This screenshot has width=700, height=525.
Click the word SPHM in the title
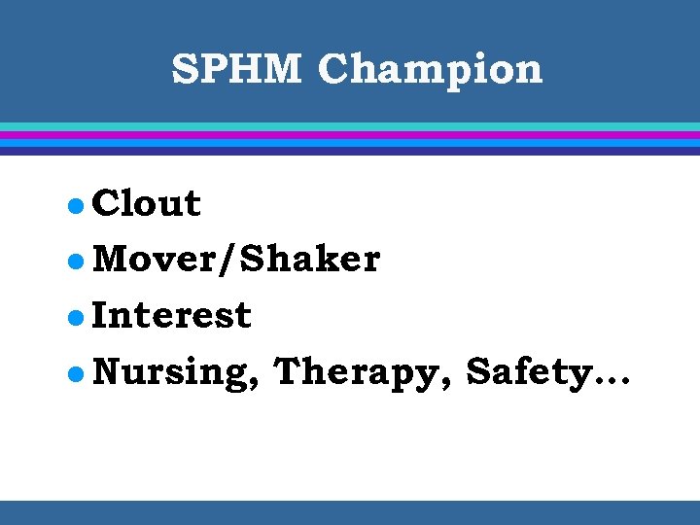tap(236, 69)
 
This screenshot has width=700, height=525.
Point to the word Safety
tap(526, 372)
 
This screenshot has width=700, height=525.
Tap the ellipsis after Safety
tap(609, 381)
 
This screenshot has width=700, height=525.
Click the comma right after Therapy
tap(447, 384)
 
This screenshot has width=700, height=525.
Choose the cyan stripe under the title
tap(350, 126)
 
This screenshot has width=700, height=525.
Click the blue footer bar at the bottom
tap(350, 512)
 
